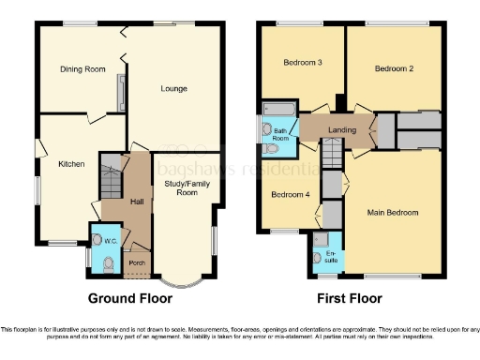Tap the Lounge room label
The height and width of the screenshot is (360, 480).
[173, 89]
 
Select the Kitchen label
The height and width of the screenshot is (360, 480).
[71, 164]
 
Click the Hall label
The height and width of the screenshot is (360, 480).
[137, 203]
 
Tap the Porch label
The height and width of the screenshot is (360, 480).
[137, 263]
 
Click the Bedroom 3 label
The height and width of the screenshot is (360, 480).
[303, 63]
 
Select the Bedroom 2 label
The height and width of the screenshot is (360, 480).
[394, 68]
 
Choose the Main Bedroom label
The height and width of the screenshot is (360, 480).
[393, 213]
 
